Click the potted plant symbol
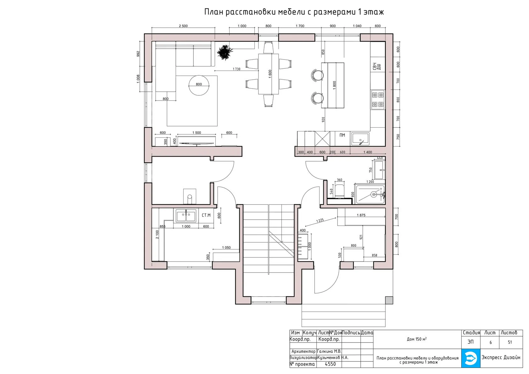coord(225,52)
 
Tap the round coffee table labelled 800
coord(199,85)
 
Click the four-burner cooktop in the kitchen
coord(378,100)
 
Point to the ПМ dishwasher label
coord(342,135)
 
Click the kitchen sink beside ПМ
coord(360,139)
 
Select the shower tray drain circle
coord(373,194)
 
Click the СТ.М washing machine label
coord(206,215)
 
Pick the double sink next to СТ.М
coord(186,216)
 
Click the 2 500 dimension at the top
coord(183,26)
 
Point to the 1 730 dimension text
coord(236,69)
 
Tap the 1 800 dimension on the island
coord(334,85)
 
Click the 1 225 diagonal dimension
coord(320,221)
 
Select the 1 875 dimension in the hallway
coord(361,215)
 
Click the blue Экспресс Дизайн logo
coord(471,358)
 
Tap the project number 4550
coord(330,364)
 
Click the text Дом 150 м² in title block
coord(417,339)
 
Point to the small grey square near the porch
coord(389,300)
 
